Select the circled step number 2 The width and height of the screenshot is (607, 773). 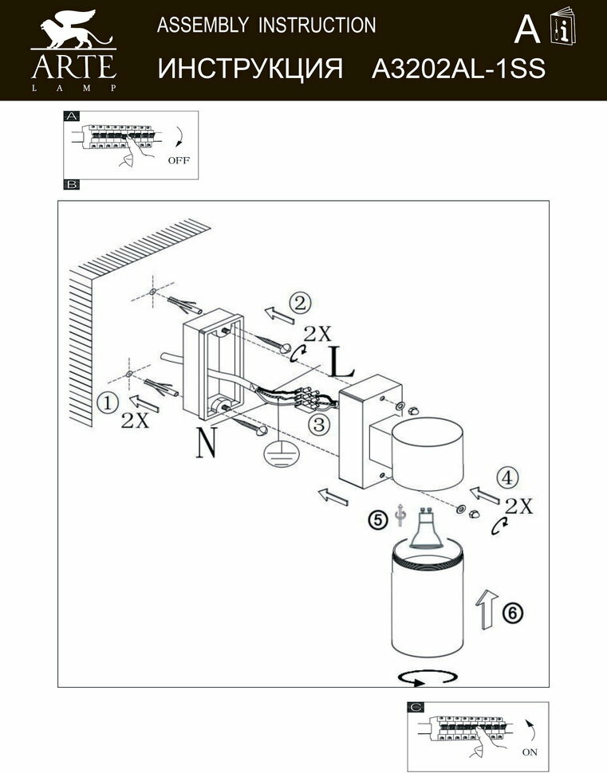299,303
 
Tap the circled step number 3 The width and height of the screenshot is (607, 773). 320,425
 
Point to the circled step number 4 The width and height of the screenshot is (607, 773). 505,477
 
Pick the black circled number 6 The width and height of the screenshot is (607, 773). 512,612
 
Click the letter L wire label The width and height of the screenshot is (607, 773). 341,363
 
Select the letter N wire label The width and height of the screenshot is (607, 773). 205,443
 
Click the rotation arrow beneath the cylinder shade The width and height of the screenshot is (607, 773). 428,677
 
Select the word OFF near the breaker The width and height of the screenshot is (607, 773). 179,160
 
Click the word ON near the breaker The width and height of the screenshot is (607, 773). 530,751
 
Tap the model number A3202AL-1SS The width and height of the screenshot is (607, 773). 459,69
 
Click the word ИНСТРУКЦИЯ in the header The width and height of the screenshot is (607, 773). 250,69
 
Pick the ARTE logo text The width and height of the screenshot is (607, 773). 73,65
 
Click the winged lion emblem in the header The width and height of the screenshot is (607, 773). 73,29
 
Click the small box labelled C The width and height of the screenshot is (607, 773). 416,707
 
